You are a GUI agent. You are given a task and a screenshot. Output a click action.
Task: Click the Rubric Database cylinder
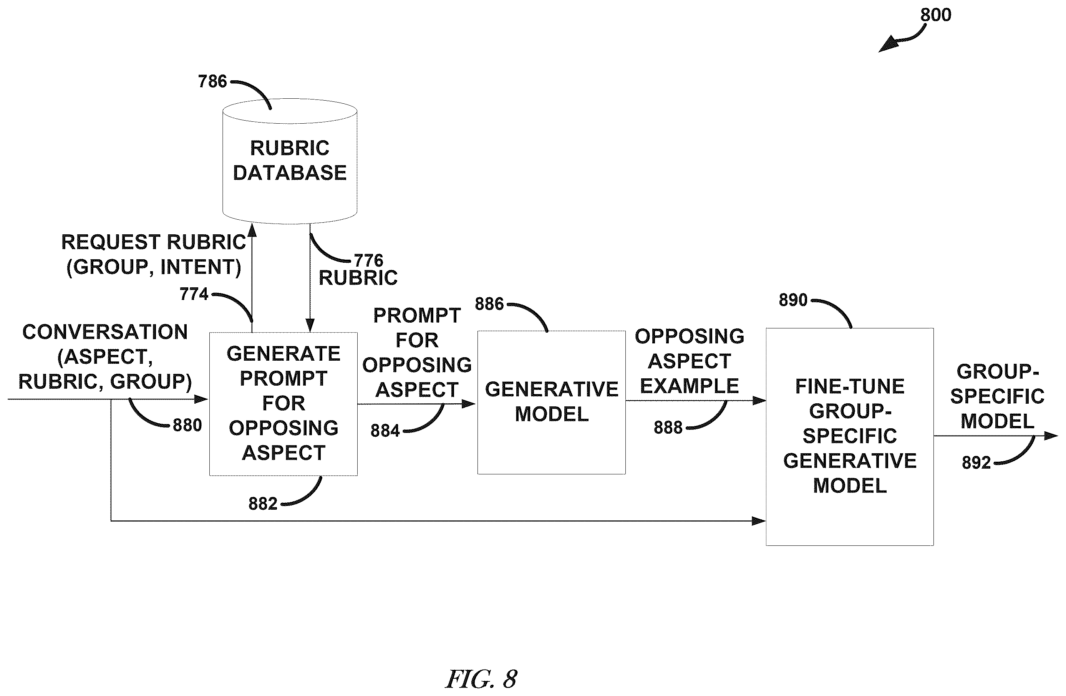click(x=290, y=161)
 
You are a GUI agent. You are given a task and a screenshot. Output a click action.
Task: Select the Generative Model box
click(x=551, y=402)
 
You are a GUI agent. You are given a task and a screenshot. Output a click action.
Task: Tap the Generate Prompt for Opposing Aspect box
click(x=283, y=404)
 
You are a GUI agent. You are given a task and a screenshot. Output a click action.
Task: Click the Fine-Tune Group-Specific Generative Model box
click(x=850, y=437)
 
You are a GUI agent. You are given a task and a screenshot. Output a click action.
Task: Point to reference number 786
click(x=212, y=81)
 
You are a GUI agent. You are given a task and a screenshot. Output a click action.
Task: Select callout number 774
click(x=194, y=294)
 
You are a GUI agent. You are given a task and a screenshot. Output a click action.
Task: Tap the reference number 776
click(x=369, y=260)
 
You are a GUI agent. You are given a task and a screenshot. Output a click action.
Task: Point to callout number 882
click(x=263, y=504)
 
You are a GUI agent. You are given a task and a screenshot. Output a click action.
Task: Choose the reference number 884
click(x=385, y=431)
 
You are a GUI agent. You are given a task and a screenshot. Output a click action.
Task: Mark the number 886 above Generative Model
click(x=489, y=304)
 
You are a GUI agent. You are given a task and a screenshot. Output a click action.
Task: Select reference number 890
click(x=793, y=300)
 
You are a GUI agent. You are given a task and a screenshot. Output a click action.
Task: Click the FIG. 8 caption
click(x=481, y=679)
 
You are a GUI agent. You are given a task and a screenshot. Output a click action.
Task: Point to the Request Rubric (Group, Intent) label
click(x=154, y=254)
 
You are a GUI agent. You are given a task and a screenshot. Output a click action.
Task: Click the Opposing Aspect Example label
click(x=689, y=361)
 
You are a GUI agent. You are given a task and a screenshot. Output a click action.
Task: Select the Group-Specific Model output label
click(x=998, y=396)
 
